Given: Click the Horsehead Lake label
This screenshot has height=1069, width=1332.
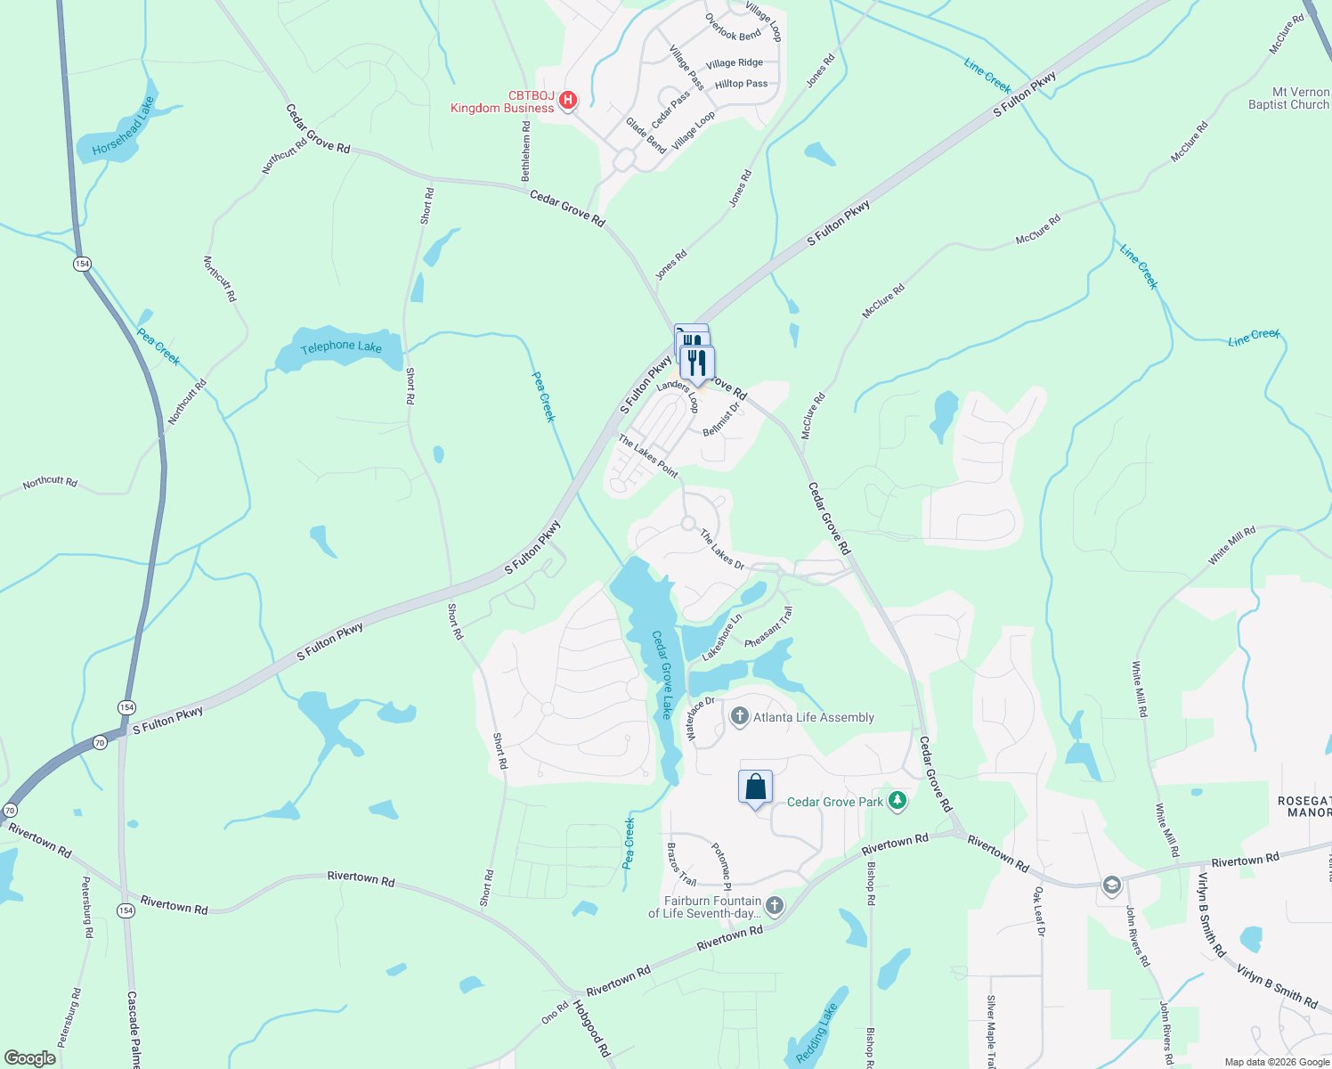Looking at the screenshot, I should [124, 126].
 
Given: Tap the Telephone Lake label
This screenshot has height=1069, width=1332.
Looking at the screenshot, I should [341, 347].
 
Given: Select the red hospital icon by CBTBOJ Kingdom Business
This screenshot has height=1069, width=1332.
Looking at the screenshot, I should [567, 101].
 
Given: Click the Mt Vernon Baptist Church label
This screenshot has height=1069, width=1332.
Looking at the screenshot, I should [1288, 98].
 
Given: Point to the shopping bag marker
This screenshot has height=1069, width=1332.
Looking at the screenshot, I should [755, 787].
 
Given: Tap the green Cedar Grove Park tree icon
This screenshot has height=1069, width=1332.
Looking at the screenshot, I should [897, 802].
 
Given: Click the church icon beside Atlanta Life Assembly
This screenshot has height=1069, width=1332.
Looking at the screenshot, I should [740, 716].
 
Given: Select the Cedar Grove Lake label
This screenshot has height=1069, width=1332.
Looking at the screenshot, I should [662, 674].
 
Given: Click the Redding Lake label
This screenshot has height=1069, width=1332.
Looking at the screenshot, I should [816, 1033].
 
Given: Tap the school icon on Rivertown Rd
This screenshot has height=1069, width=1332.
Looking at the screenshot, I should [1111, 885].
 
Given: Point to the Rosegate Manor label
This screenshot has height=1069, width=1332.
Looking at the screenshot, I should [1304, 807].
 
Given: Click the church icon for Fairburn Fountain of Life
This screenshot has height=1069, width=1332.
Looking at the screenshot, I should [775, 906].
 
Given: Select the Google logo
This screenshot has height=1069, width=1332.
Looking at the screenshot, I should [29, 1057].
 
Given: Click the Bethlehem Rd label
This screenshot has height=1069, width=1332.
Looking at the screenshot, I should [526, 149].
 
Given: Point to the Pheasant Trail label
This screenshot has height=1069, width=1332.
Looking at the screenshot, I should [768, 627].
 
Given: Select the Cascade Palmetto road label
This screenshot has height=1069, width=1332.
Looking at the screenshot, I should [134, 1029].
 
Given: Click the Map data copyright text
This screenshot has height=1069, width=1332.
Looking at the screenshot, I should [1277, 1062].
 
